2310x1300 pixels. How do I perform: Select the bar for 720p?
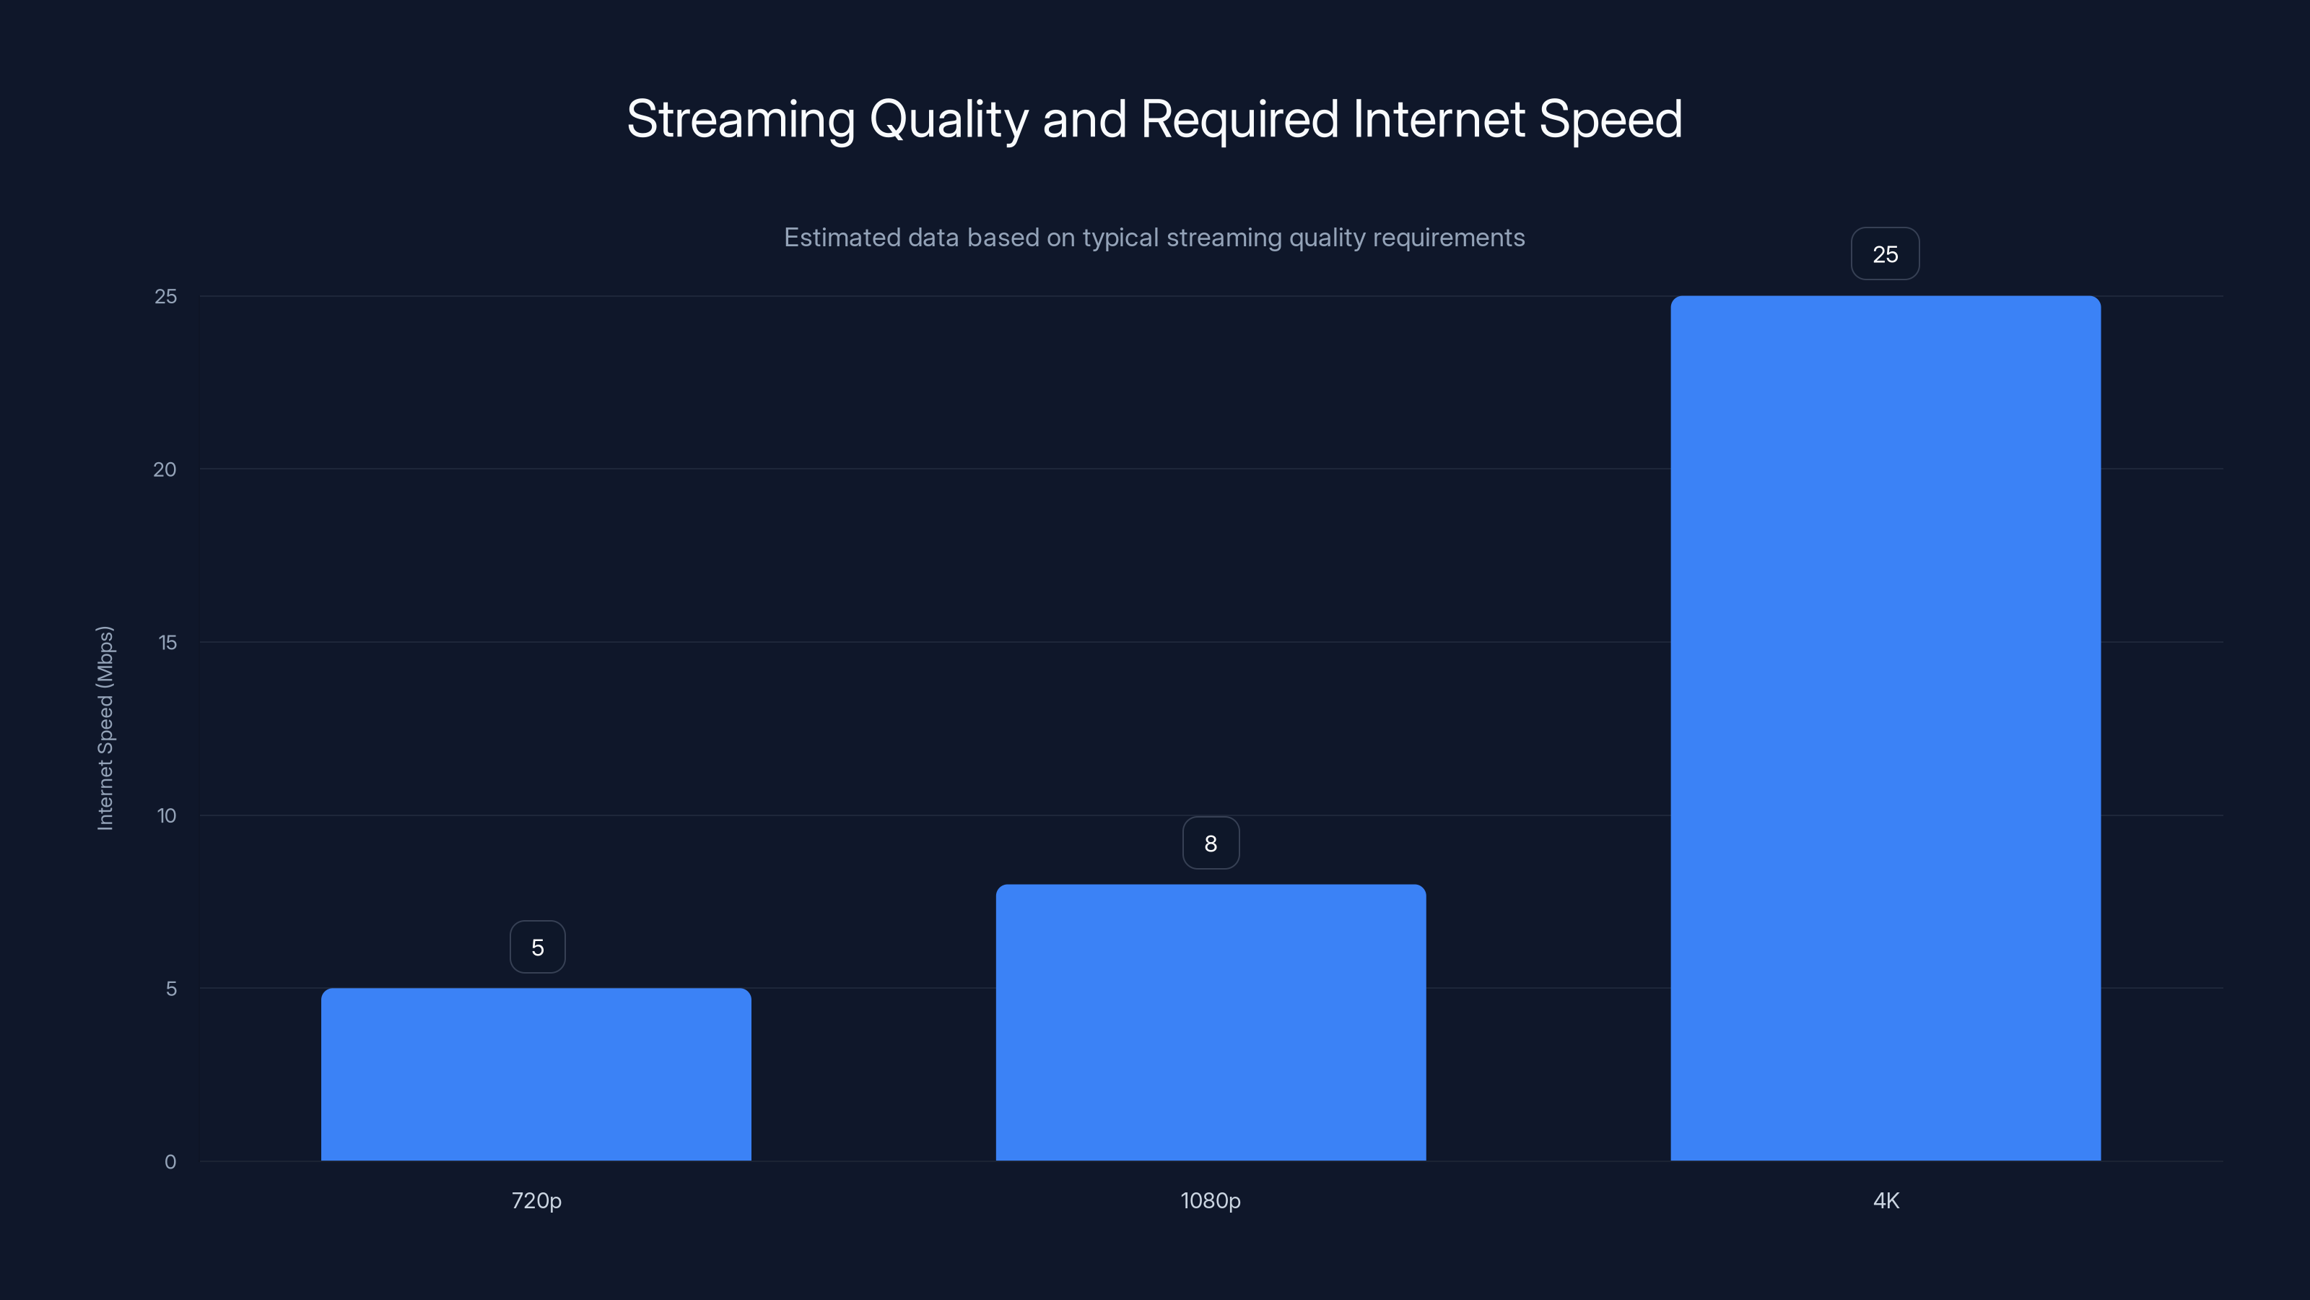(x=536, y=1074)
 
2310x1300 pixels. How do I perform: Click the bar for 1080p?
(x=1211, y=1022)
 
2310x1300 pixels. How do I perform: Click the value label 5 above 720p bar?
(x=537, y=948)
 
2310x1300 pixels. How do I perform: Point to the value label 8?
(x=1211, y=844)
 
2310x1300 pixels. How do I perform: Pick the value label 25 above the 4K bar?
(x=1885, y=254)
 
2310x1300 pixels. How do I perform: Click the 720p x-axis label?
(x=536, y=1200)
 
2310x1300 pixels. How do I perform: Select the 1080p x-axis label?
(x=1211, y=1200)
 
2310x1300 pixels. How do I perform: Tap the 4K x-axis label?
(x=1886, y=1200)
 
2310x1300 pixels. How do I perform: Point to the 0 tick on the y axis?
(x=170, y=1162)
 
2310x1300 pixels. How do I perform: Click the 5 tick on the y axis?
(x=170, y=989)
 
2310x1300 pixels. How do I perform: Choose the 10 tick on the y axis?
(x=167, y=815)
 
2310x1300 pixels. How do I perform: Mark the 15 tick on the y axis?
(x=167, y=642)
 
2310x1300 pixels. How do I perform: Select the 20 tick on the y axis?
(x=165, y=469)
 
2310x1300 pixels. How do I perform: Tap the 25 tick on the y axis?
(x=166, y=296)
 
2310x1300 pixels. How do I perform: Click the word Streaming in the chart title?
(x=741, y=119)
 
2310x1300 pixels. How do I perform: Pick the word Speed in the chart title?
(x=1611, y=119)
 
